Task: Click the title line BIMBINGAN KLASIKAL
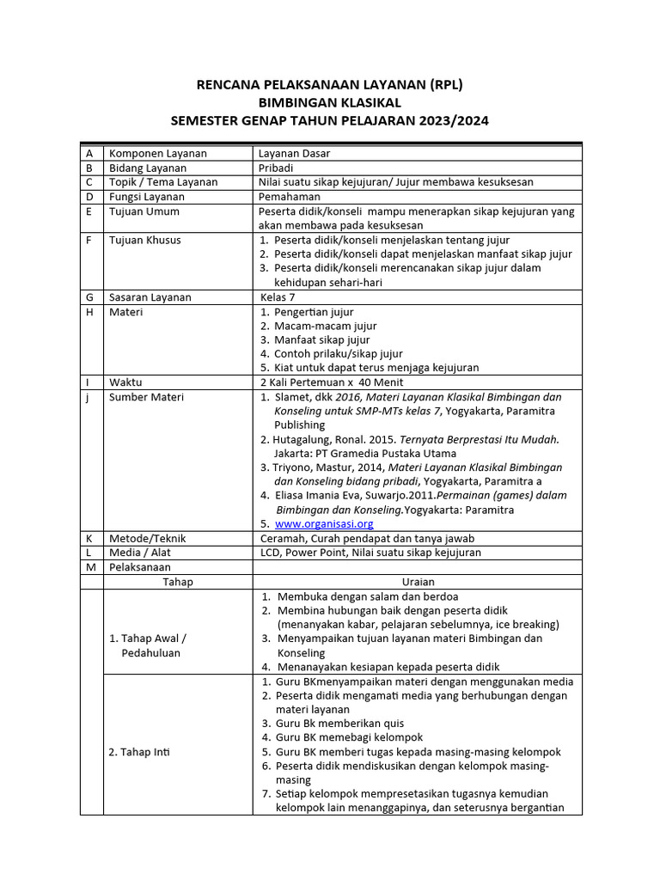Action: tap(330, 102)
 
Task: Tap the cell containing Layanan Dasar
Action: tap(294, 153)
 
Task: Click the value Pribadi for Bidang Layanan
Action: tap(277, 168)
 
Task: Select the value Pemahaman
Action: tap(290, 197)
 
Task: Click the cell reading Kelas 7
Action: tap(283, 297)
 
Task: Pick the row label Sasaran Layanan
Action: tap(150, 297)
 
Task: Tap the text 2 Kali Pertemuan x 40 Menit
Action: tap(331, 382)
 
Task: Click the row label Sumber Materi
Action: tap(146, 397)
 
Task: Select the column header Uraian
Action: tap(418, 582)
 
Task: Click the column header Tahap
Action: tap(178, 582)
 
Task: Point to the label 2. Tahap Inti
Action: tap(139, 752)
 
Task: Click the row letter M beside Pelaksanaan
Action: tap(90, 567)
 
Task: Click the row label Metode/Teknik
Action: tap(147, 538)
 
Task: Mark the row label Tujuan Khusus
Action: tap(145, 240)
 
